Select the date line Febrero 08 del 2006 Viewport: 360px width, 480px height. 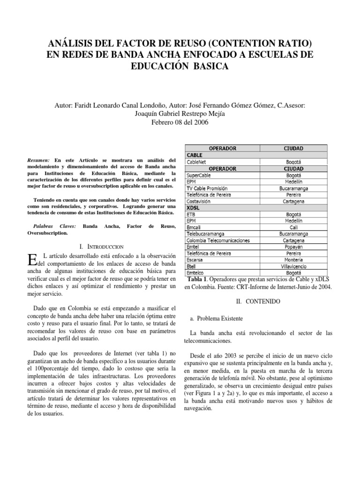click(180, 123)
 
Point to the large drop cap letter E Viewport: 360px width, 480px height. click(32, 260)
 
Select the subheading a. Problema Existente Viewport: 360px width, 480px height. click(217, 319)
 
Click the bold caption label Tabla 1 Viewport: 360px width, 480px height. click(202, 280)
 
